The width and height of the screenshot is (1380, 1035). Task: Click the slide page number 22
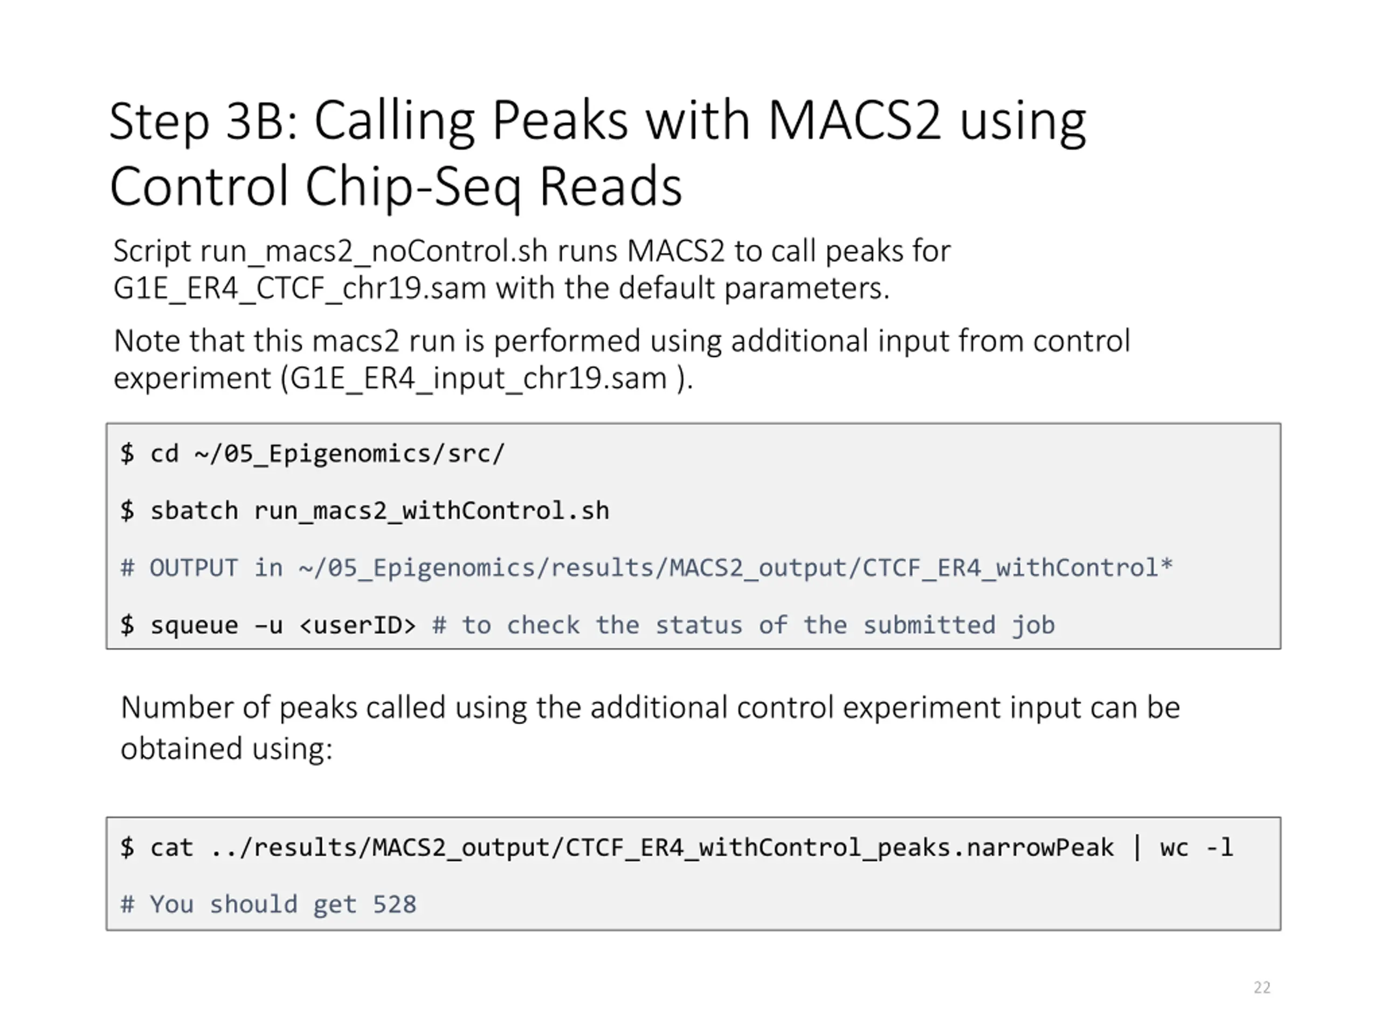(1261, 988)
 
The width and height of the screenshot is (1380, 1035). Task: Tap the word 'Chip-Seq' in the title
(412, 187)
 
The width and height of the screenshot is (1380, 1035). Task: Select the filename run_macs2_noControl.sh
(330, 251)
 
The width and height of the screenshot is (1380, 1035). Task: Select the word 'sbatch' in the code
(194, 511)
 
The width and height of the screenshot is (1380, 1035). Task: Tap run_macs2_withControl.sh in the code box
(431, 511)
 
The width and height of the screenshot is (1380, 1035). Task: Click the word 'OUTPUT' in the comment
(194, 568)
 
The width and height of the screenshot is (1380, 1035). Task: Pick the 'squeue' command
(194, 625)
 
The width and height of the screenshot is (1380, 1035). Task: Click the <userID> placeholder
(357, 625)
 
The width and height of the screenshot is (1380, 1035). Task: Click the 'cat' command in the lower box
(171, 847)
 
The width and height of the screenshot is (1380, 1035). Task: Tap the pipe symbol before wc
(1137, 847)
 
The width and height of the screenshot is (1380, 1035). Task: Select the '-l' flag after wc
(1220, 847)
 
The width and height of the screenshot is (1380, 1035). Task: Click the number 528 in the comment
(394, 905)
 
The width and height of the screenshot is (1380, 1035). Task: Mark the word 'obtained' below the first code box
(182, 749)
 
